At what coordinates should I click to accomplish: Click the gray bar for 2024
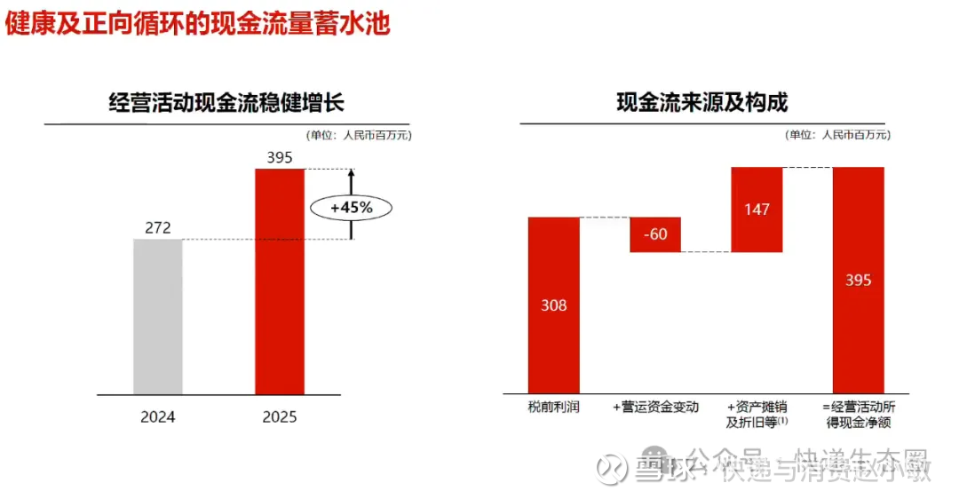158,316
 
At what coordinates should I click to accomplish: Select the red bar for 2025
279,281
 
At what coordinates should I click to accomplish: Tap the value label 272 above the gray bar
158,228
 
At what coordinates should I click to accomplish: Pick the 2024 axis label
158,416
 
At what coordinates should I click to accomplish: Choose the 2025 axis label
279,416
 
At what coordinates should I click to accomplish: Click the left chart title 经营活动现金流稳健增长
226,103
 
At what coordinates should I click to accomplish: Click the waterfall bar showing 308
554,305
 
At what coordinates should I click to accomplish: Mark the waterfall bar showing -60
655,234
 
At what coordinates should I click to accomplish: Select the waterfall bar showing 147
757,210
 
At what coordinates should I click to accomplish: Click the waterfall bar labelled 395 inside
858,281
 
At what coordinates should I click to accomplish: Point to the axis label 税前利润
554,407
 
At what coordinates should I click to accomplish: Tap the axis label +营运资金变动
655,407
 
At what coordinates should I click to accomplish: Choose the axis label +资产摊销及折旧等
757,415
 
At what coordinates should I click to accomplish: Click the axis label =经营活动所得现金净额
858,415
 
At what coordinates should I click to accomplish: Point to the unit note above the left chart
359,135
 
